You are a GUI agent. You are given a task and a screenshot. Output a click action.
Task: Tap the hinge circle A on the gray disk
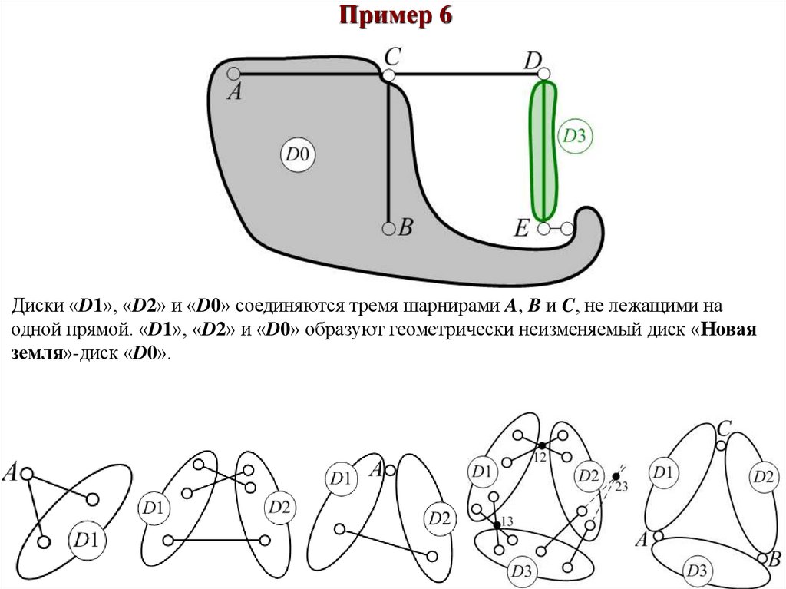234,74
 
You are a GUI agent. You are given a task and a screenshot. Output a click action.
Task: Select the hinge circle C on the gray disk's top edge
389,74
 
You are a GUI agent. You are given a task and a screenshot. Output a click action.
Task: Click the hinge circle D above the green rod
544,74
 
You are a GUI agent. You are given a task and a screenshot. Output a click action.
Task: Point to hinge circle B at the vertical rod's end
388,228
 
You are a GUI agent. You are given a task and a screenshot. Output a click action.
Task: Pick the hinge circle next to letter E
544,228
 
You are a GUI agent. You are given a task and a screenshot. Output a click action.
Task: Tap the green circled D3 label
575,136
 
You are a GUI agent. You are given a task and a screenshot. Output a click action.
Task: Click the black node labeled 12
540,445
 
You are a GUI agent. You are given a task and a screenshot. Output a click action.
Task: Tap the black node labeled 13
497,524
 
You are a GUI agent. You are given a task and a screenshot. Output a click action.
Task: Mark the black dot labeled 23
615,478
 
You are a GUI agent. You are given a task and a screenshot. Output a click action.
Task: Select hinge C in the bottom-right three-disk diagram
720,445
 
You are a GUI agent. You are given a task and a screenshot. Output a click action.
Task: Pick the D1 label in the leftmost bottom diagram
85,540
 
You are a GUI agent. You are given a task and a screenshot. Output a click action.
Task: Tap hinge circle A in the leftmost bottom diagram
26,475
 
